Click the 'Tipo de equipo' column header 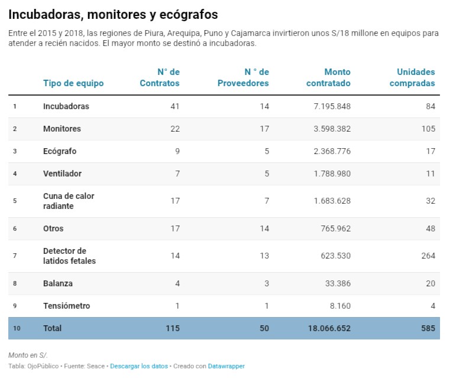73,83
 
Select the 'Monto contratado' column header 328,77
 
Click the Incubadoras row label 66,106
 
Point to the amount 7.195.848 328,106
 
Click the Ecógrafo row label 60,151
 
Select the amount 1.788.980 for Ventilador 328,174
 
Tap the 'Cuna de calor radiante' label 69,201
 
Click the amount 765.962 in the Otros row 334,228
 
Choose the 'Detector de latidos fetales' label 69,256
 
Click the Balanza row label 58,283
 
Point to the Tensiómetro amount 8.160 340,306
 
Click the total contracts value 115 172,328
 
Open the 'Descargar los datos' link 139,366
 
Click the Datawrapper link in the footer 226,366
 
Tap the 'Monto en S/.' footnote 28,355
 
